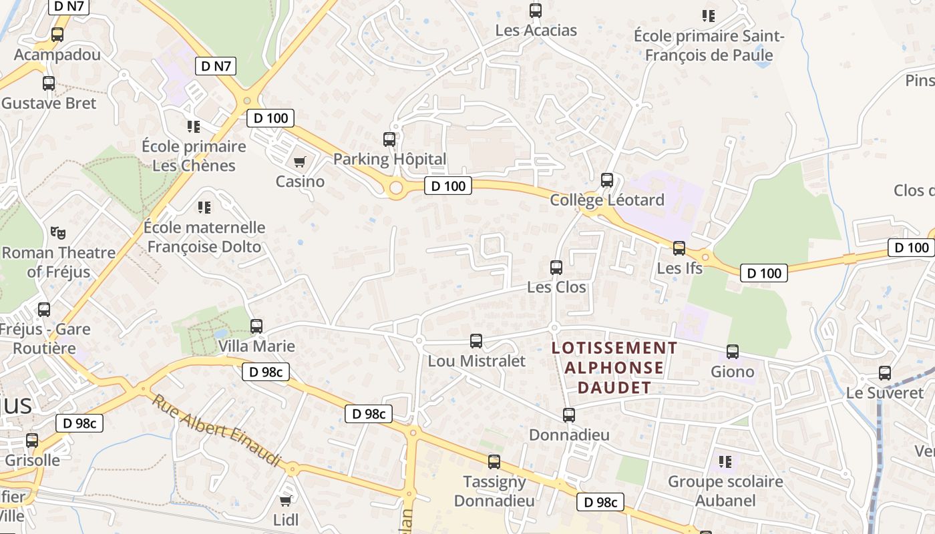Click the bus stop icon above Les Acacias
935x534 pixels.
535,11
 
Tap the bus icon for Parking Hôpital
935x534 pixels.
389,140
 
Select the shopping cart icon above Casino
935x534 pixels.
300,162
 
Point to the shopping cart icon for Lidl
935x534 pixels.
286,501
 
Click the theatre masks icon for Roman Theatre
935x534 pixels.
58,233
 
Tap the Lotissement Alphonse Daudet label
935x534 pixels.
614,367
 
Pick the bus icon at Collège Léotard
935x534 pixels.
607,180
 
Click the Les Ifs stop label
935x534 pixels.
680,268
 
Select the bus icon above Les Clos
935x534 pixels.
556,268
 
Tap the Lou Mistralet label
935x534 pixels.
476,361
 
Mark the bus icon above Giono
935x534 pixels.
733,352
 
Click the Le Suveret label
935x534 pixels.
884,392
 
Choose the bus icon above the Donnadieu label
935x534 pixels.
569,415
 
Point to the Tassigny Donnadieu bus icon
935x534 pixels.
494,462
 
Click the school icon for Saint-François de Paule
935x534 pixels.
708,15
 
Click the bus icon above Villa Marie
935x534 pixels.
256,326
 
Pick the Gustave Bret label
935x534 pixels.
49,103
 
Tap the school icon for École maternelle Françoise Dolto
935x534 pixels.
204,208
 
